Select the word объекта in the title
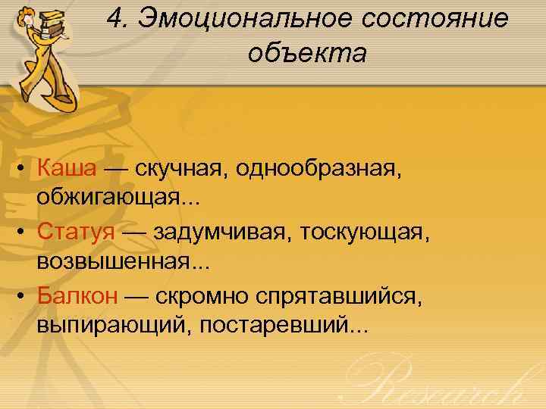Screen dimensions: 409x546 [307, 55]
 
